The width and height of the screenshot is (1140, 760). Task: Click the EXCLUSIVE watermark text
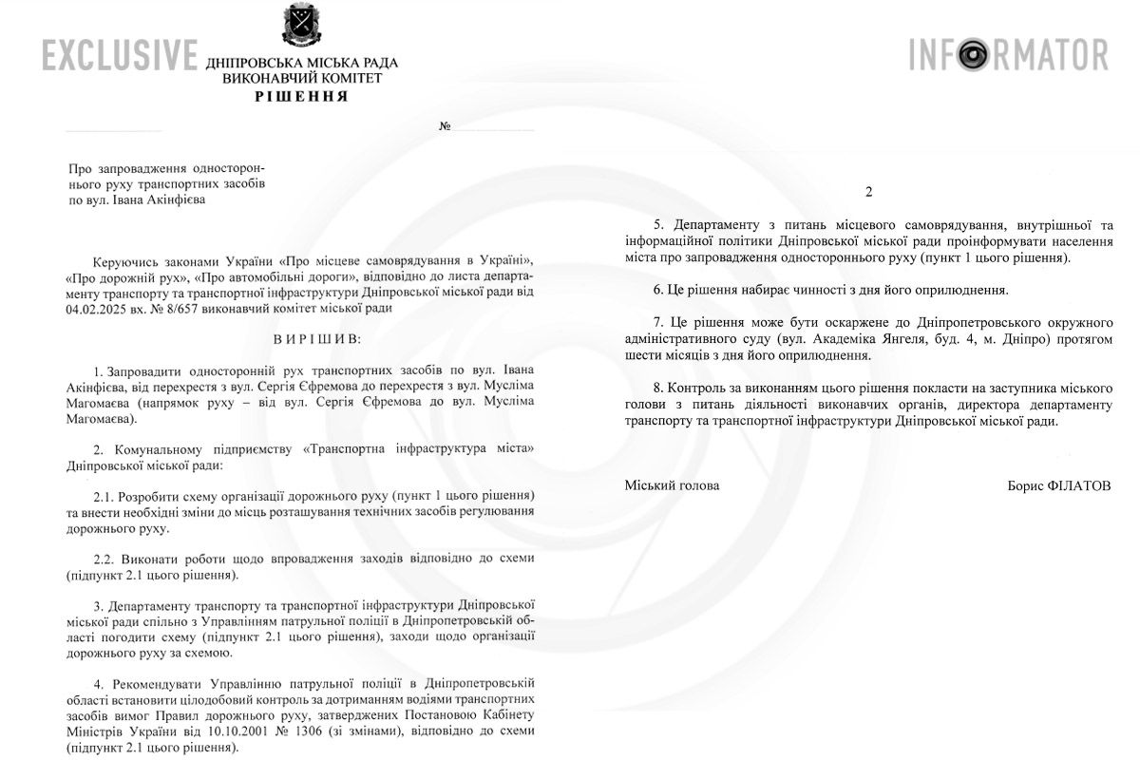(120, 55)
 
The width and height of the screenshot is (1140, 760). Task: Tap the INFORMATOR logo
(1008, 55)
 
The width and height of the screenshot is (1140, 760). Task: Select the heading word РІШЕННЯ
(301, 96)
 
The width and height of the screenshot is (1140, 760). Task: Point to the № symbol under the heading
(445, 126)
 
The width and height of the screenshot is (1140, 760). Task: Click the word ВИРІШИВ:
(301, 336)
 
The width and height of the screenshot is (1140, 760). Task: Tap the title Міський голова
(672, 485)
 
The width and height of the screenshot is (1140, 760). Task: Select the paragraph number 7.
(657, 322)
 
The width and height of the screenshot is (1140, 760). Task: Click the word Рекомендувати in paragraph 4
(162, 683)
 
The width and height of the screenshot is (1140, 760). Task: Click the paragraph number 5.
(657, 225)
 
